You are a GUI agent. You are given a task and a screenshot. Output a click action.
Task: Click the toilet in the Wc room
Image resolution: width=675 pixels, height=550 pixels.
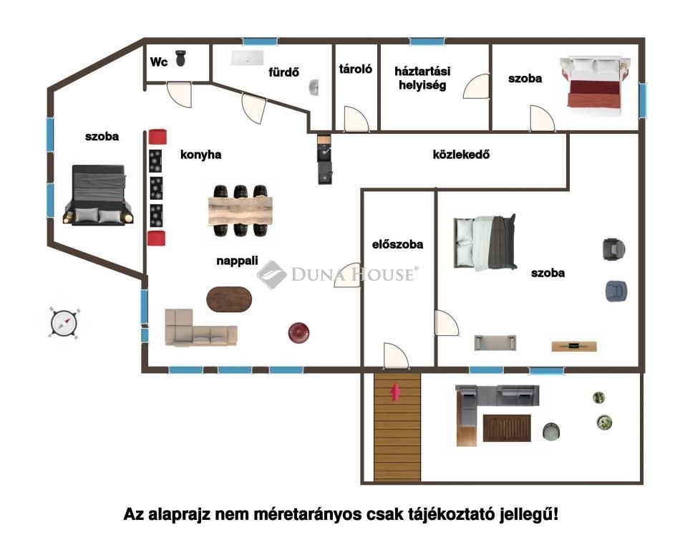tap(181, 58)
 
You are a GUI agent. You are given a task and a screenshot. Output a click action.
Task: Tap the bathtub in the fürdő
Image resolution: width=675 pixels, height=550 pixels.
tap(248, 58)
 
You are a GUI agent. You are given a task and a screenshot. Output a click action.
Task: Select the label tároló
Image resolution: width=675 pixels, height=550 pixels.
tap(356, 69)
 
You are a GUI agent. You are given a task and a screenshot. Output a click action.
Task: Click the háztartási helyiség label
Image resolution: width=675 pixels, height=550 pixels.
tap(422, 78)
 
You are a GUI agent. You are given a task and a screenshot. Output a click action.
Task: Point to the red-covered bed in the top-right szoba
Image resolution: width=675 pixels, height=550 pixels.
tap(596, 86)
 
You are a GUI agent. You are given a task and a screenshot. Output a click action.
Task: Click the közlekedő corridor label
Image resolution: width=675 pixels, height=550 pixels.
tap(461, 154)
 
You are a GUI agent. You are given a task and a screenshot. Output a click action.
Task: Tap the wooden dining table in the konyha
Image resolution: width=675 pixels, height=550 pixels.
tap(241, 211)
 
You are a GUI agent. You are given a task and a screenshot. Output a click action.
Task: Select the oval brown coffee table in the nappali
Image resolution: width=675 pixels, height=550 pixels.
tap(229, 299)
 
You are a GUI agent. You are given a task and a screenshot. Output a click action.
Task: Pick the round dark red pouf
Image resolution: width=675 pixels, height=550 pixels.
tap(298, 332)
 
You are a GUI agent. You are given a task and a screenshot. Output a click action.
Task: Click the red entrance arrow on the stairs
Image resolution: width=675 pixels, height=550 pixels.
tap(396, 392)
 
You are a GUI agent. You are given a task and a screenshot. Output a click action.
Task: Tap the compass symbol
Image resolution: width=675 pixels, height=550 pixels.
tap(64, 322)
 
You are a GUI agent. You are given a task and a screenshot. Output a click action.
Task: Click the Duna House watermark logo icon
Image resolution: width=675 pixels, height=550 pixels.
tap(271, 274)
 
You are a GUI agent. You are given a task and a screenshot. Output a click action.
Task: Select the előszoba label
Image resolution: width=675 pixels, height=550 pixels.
tap(397, 244)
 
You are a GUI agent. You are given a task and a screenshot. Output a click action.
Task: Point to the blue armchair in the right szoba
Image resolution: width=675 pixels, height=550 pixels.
tap(616, 291)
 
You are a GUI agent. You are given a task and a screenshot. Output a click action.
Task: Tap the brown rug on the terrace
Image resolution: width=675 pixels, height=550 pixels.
tap(507, 428)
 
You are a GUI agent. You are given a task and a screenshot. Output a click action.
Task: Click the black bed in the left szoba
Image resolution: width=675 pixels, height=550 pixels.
tap(98, 196)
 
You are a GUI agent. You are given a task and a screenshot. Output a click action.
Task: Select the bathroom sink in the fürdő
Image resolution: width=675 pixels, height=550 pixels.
tap(314, 87)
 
